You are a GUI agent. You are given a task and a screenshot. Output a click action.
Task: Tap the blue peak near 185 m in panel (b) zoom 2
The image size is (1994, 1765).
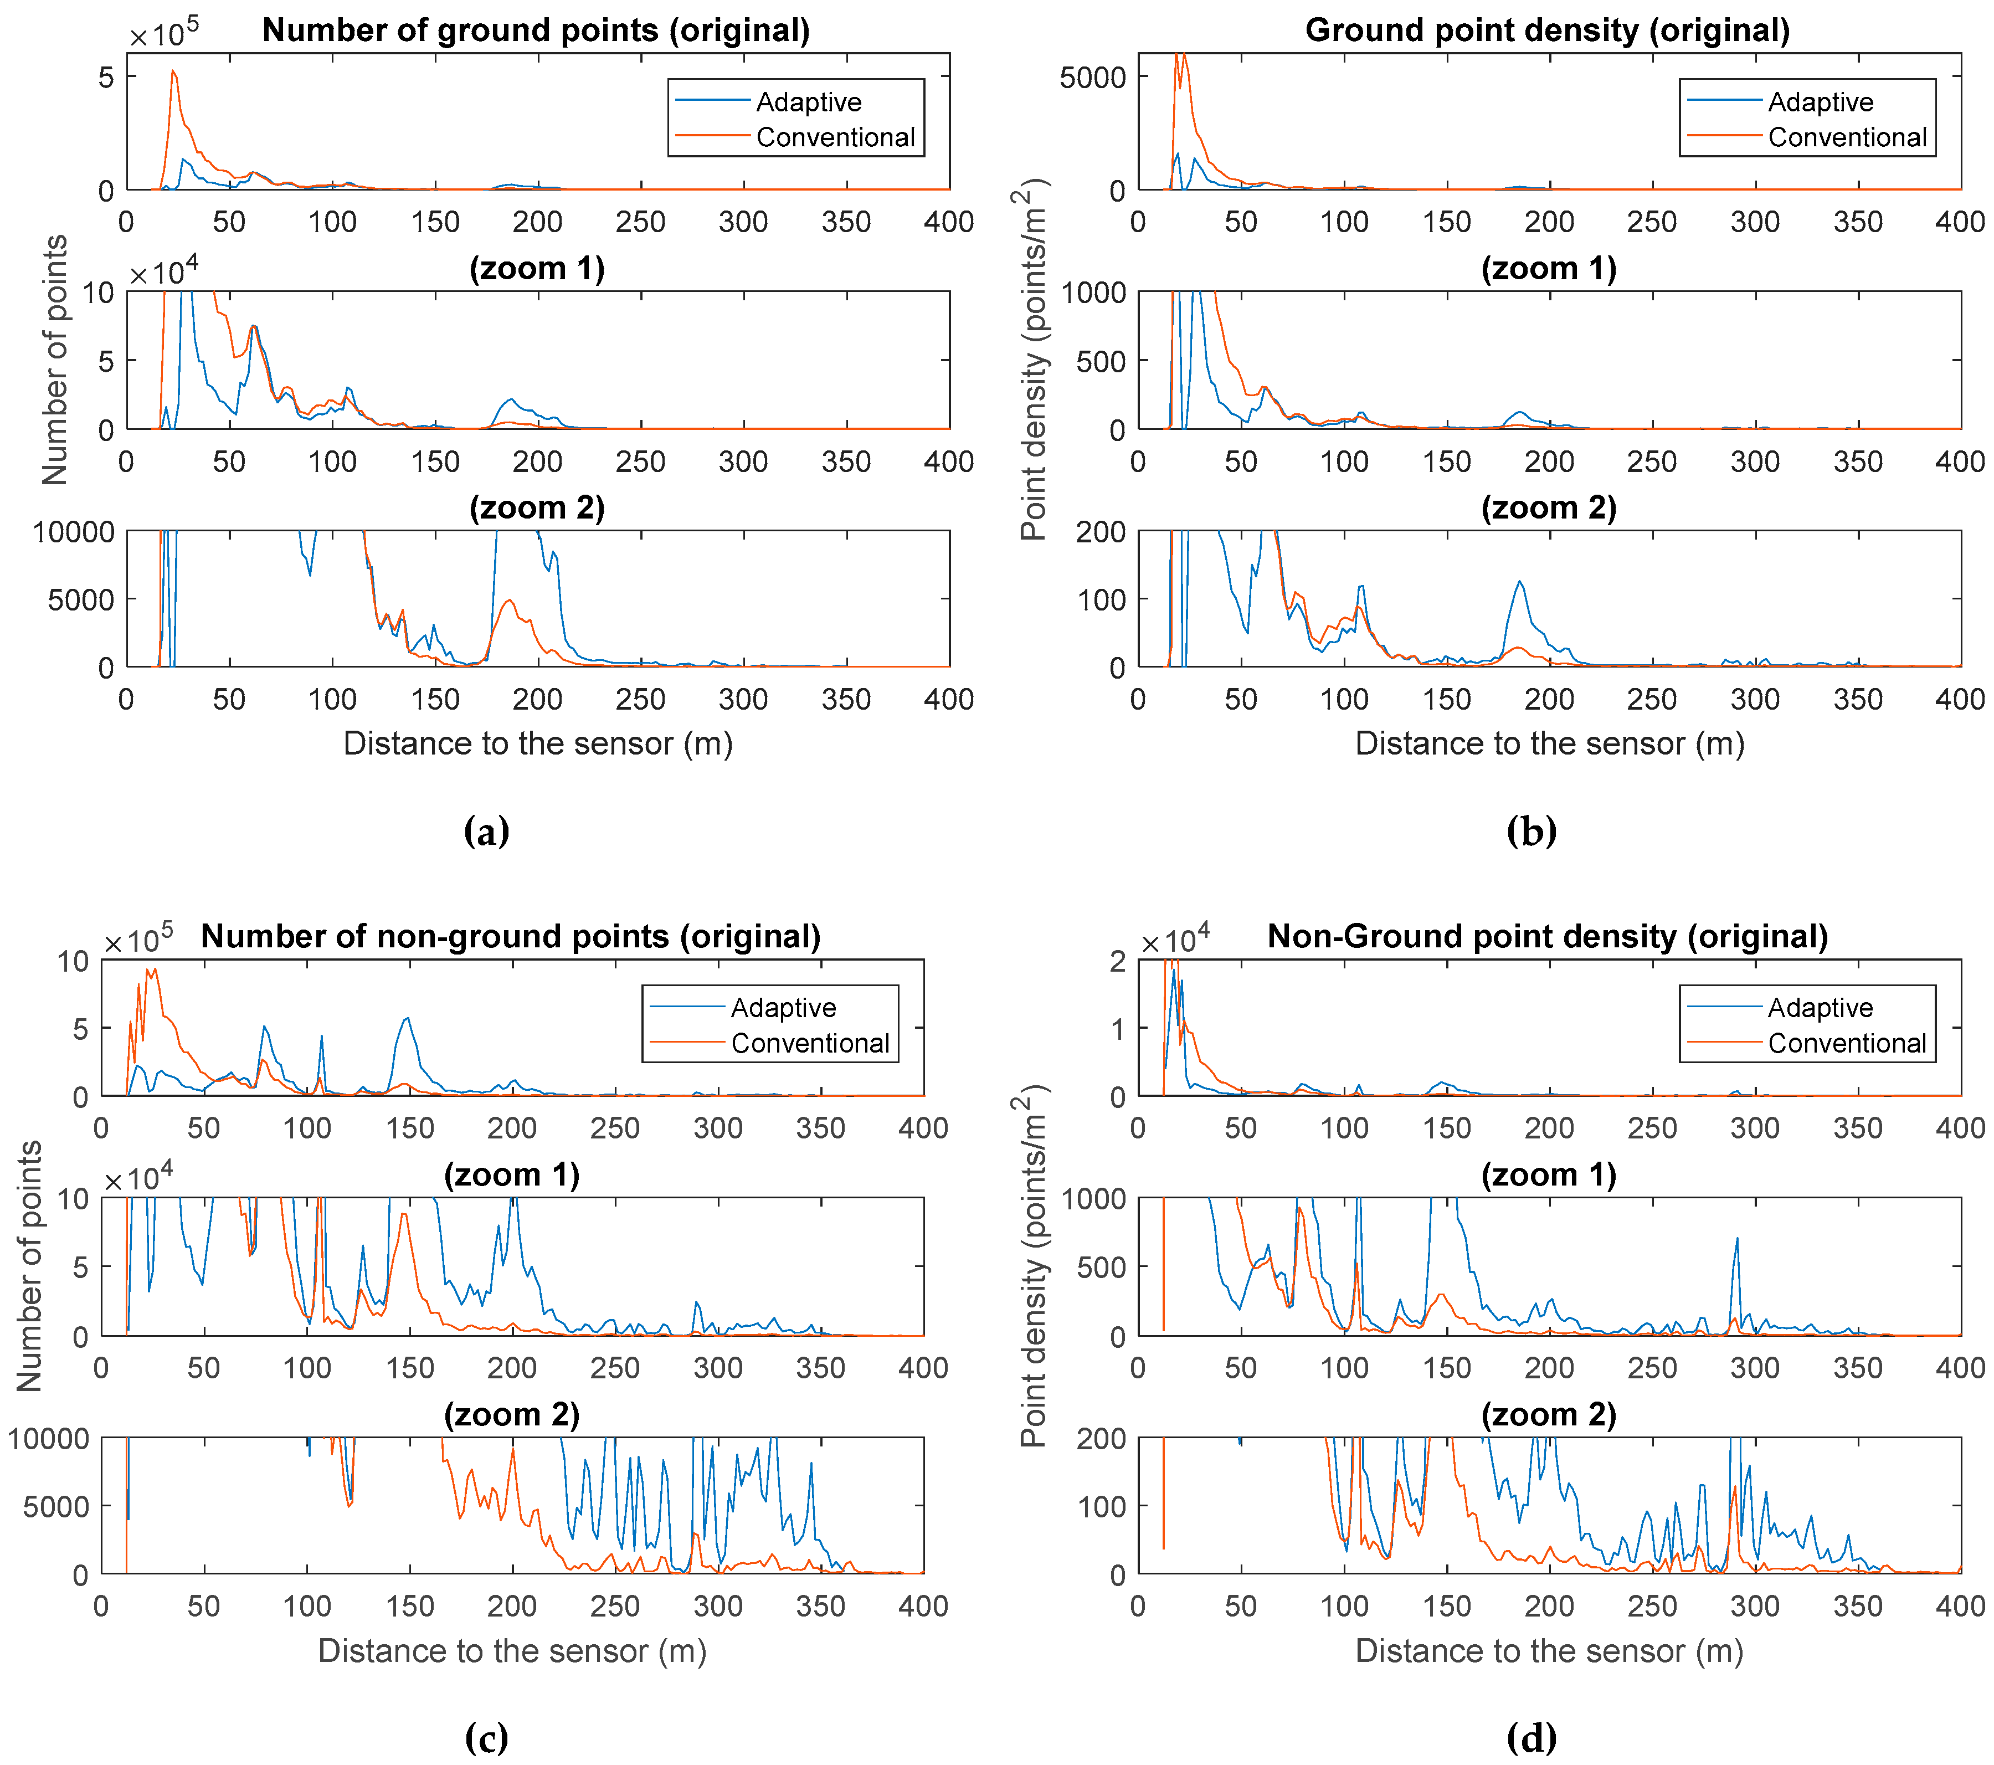coord(1519,582)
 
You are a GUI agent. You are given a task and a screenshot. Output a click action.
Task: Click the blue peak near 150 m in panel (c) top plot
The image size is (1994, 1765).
coord(407,1019)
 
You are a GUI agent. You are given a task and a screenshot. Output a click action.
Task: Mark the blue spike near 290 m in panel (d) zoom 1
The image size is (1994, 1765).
coord(1736,1239)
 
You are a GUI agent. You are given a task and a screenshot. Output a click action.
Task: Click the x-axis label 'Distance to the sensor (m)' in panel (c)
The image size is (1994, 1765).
coord(512,1651)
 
